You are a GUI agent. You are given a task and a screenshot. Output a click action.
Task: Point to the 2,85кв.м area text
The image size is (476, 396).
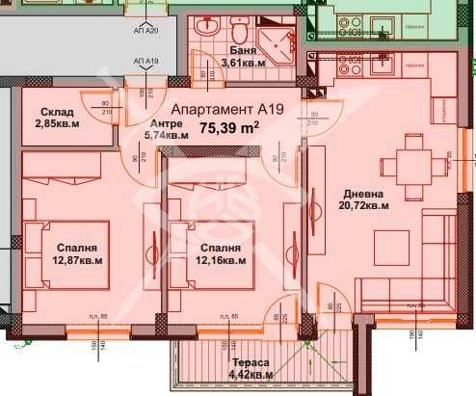tap(56, 123)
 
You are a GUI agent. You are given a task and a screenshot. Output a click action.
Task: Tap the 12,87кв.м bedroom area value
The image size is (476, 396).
tap(79, 259)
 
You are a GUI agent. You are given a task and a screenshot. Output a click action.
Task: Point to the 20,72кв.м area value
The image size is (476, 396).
tap(363, 204)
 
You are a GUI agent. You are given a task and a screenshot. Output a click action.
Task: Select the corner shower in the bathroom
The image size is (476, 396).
tap(280, 43)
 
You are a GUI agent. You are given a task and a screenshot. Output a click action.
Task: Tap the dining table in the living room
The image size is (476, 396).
tap(415, 165)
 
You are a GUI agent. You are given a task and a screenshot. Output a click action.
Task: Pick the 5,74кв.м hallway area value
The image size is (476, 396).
tap(165, 137)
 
